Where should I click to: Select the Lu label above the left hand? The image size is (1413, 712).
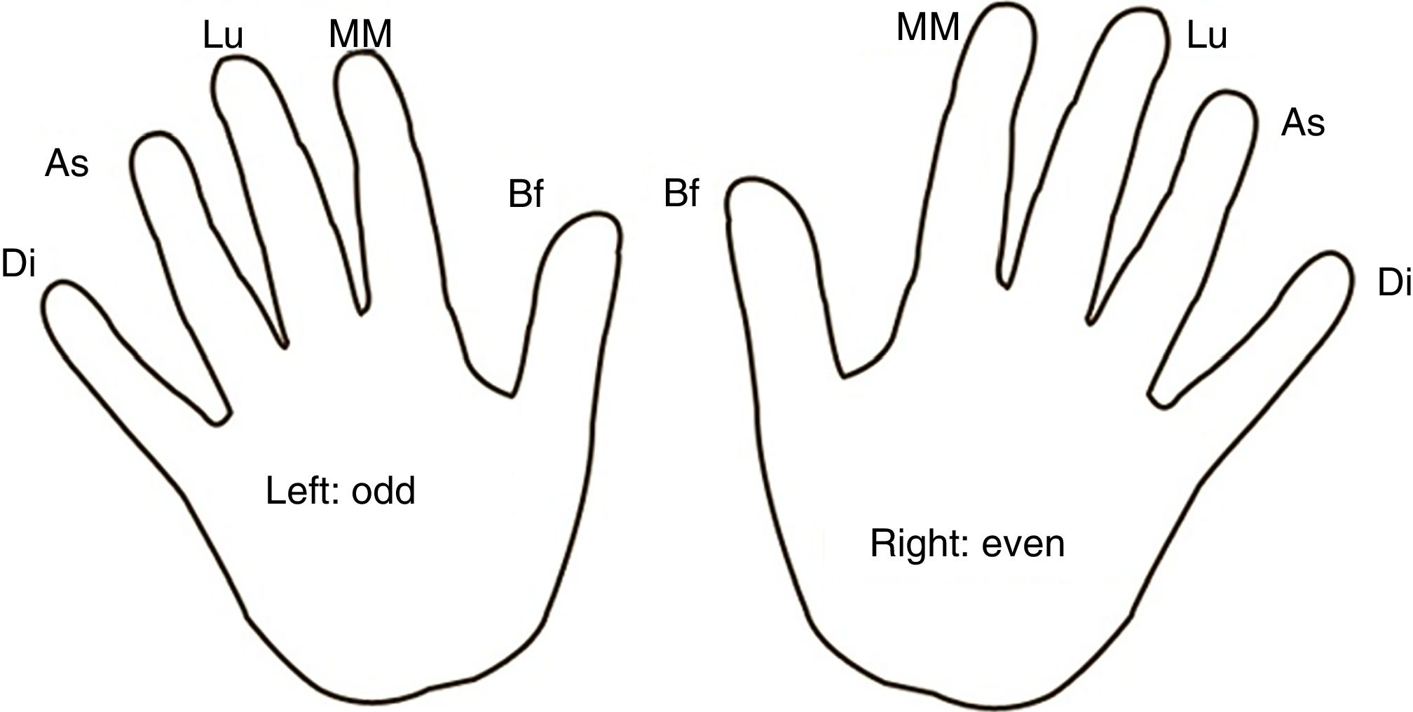(223, 36)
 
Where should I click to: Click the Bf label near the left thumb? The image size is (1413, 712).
(526, 194)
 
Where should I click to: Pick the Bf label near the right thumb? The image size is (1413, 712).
(681, 194)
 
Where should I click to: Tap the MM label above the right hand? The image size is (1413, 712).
(928, 28)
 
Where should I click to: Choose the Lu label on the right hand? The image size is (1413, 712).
(1206, 36)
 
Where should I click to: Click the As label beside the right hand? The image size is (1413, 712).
(1302, 123)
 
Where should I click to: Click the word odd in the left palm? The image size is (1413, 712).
(383, 491)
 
